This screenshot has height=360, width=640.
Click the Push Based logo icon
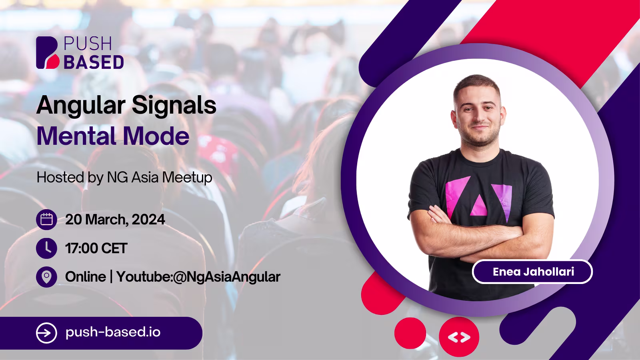48,52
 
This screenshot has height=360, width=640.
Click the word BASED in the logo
94,62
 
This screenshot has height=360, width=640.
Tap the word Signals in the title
174,106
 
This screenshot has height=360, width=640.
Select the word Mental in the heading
76,136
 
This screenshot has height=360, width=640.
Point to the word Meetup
187,178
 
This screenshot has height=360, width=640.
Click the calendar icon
46,220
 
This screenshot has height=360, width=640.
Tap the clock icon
46,248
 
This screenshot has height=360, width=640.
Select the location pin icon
46,277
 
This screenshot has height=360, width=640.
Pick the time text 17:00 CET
96,248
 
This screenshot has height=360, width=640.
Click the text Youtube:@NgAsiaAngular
198,277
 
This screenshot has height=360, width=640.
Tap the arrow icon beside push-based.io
46,333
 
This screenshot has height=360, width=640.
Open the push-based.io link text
113,332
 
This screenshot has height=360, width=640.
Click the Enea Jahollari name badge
532,272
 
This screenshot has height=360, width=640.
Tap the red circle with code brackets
459,337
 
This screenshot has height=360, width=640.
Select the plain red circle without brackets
410,333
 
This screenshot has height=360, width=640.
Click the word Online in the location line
86,277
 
